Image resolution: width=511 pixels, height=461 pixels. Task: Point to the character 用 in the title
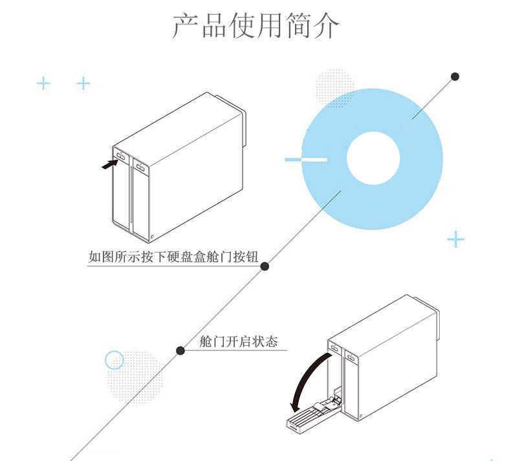point(255,26)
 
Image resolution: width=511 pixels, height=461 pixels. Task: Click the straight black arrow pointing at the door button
point(110,164)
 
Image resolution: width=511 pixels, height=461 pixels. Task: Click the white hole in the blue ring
point(373,158)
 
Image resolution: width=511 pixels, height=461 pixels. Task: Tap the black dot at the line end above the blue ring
point(455,76)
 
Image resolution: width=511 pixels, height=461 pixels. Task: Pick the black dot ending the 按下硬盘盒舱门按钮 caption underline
point(265,266)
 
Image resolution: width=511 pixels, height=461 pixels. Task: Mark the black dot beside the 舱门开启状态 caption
point(180,350)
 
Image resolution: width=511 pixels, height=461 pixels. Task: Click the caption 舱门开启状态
point(238,341)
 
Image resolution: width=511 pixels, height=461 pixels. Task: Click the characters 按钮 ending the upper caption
point(245,257)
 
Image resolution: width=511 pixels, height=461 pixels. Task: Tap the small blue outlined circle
point(114,360)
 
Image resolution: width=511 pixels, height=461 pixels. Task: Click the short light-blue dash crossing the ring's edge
point(305,159)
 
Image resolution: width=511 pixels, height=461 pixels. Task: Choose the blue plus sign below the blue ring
point(456,240)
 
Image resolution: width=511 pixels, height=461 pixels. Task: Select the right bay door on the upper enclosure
point(140,197)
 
